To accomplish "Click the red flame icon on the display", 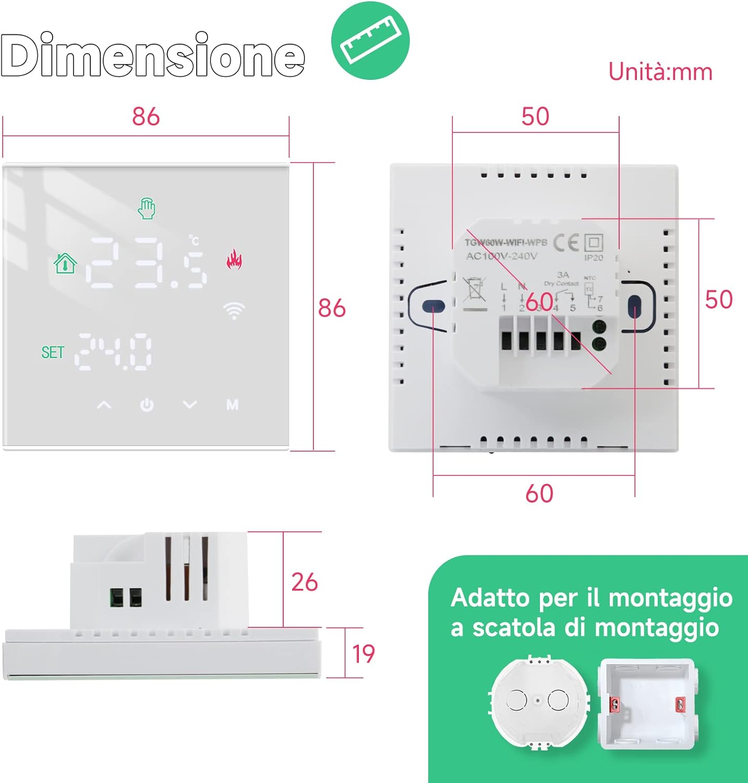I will (234, 259).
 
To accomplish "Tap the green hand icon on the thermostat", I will (147, 208).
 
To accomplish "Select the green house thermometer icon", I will (65, 263).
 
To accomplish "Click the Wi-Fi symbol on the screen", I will (234, 310).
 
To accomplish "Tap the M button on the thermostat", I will (232, 405).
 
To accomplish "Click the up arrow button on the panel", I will (104, 405).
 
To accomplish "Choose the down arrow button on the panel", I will (190, 405).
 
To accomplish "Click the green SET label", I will (53, 353).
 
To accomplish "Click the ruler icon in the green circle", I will (370, 41).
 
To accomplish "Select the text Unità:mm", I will (660, 72).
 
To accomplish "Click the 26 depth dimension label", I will (304, 582).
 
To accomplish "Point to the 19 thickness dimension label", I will (363, 654).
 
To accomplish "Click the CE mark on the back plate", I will (566, 243).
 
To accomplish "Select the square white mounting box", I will (647, 704).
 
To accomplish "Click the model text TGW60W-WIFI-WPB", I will (506, 242).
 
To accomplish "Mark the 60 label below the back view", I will (539, 493).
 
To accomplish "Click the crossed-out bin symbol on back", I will (474, 289).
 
